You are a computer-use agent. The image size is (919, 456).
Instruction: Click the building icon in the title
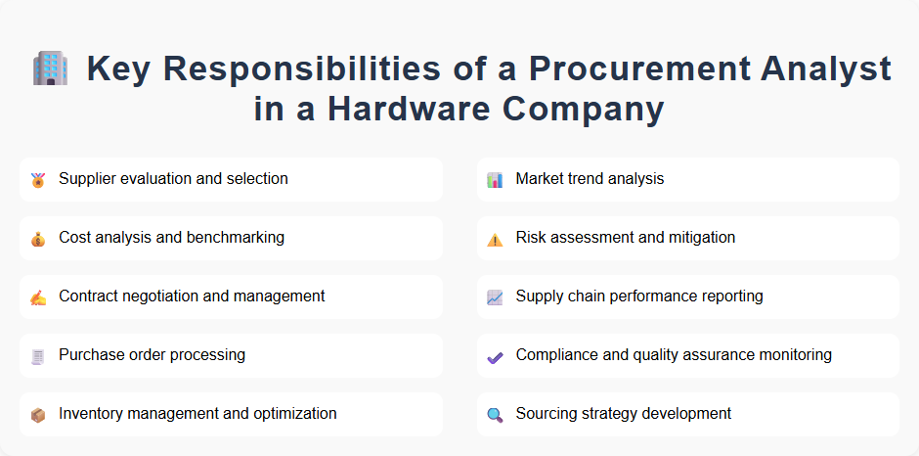pos(50,68)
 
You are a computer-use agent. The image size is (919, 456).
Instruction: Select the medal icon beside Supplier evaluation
pos(38,180)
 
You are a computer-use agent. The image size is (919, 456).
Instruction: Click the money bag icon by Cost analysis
pos(38,239)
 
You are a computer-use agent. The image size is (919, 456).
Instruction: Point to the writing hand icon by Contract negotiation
pos(38,297)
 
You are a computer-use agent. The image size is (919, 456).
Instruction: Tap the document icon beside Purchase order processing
pos(38,356)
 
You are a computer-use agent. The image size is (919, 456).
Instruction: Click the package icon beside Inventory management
pos(38,415)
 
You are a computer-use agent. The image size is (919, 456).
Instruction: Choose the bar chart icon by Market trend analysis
pos(495,180)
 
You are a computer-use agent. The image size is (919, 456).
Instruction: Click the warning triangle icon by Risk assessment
pos(495,239)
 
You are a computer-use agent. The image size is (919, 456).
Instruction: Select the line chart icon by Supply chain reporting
pos(495,297)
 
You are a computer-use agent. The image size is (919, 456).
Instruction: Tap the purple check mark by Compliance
pos(495,357)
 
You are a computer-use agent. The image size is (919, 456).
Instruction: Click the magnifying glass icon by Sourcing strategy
pos(495,415)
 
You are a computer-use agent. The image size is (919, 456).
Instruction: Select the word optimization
pos(292,414)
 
